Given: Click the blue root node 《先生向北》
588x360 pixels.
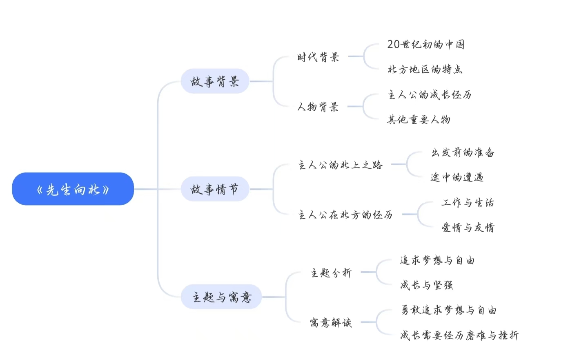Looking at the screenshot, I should click(73, 189).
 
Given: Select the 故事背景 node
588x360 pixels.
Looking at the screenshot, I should click(215, 81).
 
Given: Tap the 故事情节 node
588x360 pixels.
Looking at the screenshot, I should click(215, 189).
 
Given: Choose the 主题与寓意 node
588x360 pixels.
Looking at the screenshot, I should click(221, 297).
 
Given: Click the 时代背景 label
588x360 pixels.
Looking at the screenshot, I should click(318, 57).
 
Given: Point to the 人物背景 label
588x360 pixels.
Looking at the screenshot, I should click(318, 107).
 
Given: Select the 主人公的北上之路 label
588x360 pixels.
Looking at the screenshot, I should click(340, 165).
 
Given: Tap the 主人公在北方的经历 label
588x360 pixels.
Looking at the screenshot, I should click(345, 215).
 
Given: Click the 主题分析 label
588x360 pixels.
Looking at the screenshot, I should click(331, 273).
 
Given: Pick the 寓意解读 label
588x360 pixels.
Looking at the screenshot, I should click(331, 322).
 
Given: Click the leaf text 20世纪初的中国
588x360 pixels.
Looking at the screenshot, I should click(425, 44).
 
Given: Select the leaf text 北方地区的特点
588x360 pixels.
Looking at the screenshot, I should click(425, 69).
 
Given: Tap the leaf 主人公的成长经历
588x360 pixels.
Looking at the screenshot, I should click(430, 95).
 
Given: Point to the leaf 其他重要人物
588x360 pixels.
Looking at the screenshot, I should click(419, 120).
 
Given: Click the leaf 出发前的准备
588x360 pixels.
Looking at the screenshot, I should click(463, 152).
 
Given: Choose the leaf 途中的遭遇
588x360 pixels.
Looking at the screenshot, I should click(457, 177).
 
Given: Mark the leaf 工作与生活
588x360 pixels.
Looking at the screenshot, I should click(468, 202).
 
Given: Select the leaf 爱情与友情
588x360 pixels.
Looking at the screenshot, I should click(468, 227).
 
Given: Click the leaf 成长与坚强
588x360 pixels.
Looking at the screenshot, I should click(426, 285).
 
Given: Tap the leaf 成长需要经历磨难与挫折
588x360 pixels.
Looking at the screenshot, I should click(459, 335).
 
